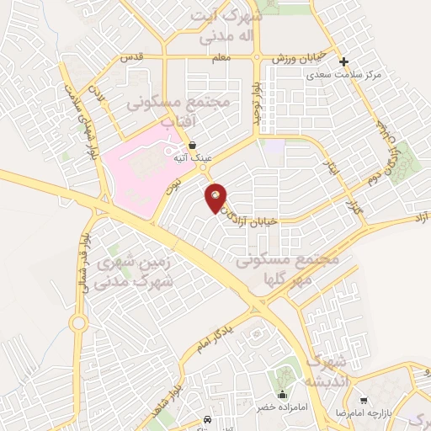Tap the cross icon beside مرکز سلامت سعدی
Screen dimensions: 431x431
pyautogui.click(x=343, y=61)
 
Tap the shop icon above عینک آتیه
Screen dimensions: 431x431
pyautogui.click(x=194, y=146)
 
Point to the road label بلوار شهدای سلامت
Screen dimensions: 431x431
pyautogui.click(x=83, y=118)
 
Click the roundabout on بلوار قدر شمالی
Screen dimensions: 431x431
pyautogui.click(x=77, y=322)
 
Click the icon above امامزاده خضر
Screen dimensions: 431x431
pyautogui.click(x=283, y=393)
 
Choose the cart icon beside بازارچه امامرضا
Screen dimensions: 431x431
pyautogui.click(x=364, y=401)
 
